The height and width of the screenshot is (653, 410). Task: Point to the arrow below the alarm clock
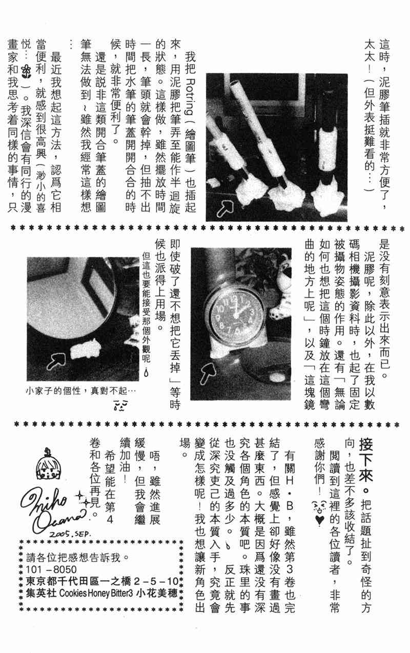pos(208,372)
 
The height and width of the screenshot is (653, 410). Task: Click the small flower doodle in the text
pos(27,71)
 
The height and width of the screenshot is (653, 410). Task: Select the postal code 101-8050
pos(51,569)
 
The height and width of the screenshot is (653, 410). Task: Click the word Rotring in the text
pos(190,96)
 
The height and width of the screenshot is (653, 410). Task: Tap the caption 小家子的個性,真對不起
pos(80,391)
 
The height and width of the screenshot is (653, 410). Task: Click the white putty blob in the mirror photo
pos(85,349)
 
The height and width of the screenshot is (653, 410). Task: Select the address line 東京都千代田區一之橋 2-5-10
pos(102,581)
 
